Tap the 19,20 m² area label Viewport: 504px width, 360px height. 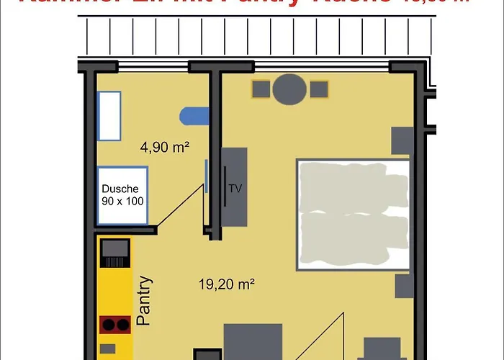[x=227, y=284]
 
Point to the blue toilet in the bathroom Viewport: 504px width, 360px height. [x=194, y=114]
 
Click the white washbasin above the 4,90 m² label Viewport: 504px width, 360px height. [x=109, y=115]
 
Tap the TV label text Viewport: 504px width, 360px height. [x=235, y=189]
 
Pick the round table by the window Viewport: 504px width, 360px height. [x=290, y=89]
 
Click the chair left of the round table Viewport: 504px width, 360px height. [x=261, y=90]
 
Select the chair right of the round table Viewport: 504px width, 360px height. [x=319, y=90]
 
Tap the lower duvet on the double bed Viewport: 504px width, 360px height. [x=353, y=236]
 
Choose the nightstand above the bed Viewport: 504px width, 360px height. [x=402, y=140]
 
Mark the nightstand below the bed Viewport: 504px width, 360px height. [x=404, y=287]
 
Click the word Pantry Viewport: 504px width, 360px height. [x=145, y=301]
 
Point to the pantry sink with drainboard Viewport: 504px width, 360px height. [x=115, y=254]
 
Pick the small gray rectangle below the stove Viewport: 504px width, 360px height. [x=107, y=349]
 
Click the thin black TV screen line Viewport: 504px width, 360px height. [x=226, y=187]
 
